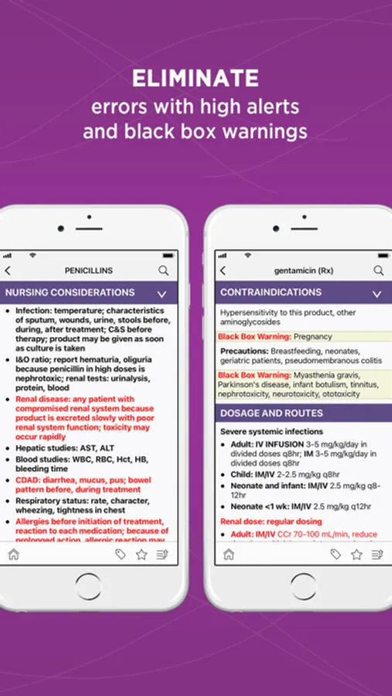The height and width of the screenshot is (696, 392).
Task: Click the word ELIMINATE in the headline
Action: [195, 78]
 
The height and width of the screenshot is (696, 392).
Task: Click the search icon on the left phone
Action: [164, 271]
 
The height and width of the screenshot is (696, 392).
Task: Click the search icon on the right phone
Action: [379, 271]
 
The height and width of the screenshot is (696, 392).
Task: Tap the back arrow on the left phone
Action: [9, 271]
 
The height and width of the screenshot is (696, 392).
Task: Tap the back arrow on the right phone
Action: [223, 271]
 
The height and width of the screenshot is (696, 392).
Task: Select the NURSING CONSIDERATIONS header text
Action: [70, 293]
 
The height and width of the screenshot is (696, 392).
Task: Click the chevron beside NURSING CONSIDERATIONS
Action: [162, 294]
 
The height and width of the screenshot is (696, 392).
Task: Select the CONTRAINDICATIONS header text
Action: [271, 293]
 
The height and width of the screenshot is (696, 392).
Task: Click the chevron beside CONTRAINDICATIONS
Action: [377, 294]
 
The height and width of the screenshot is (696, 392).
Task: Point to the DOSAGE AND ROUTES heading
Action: [271, 413]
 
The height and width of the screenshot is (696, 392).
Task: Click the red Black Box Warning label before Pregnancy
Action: [254, 336]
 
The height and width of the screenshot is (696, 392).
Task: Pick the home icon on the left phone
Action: [13, 554]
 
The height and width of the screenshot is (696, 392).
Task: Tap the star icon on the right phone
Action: [356, 554]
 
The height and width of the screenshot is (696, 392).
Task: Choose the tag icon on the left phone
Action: [121, 554]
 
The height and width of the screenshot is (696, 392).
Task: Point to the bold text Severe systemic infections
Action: [271, 432]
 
